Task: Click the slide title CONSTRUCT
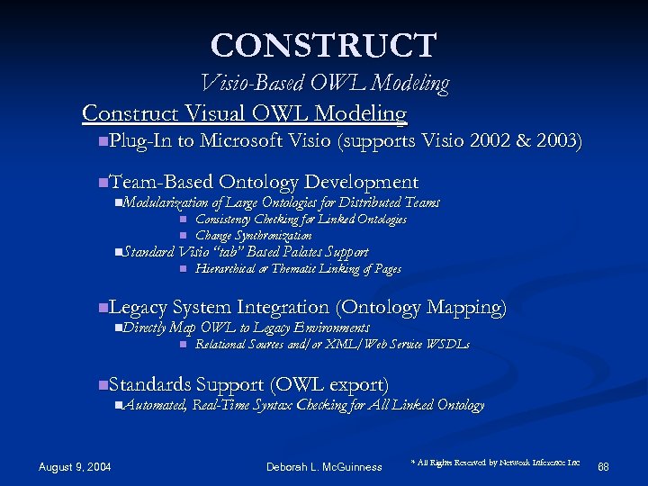(324, 45)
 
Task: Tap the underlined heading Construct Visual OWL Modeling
(244, 113)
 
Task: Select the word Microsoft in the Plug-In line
(243, 141)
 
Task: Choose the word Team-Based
(160, 183)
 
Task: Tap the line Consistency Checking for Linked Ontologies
(301, 220)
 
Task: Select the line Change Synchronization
(254, 236)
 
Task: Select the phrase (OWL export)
(328, 385)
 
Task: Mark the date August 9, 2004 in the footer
(75, 466)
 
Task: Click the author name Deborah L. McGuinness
(324, 466)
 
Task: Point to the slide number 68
(603, 466)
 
